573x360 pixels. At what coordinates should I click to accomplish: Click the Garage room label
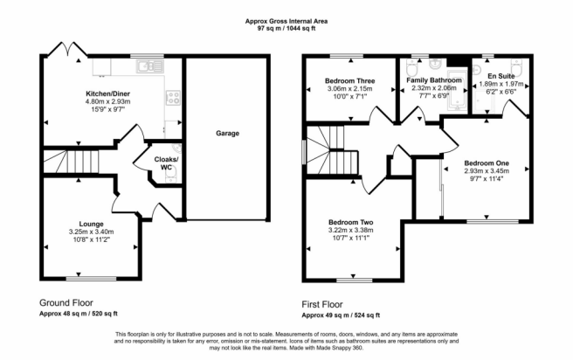point(227,134)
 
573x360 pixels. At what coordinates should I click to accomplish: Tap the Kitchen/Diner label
point(107,93)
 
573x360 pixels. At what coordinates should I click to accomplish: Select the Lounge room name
point(92,224)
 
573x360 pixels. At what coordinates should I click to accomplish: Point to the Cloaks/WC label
point(166,163)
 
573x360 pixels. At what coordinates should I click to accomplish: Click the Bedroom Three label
point(350,80)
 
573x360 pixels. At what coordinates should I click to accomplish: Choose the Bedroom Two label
point(351,222)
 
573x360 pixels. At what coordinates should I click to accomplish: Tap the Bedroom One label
point(487,163)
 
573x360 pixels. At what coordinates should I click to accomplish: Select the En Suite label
point(501,76)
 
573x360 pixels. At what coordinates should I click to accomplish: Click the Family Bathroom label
point(434,80)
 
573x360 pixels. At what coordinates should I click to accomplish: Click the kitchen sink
point(150,66)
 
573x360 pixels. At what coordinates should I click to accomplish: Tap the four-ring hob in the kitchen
point(173,98)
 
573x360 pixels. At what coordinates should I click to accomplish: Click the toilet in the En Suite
point(517,68)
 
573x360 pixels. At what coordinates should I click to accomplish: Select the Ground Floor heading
point(66,302)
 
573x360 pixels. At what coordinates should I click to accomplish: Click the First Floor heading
point(322,304)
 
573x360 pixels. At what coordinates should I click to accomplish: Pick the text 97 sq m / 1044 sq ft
point(286,28)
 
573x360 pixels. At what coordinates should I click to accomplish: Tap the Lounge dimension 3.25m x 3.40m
point(92,232)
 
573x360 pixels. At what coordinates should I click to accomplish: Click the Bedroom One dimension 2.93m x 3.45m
point(487,170)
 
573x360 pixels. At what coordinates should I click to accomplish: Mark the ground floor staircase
point(72,162)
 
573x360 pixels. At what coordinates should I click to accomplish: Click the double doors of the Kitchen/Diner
point(67,49)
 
